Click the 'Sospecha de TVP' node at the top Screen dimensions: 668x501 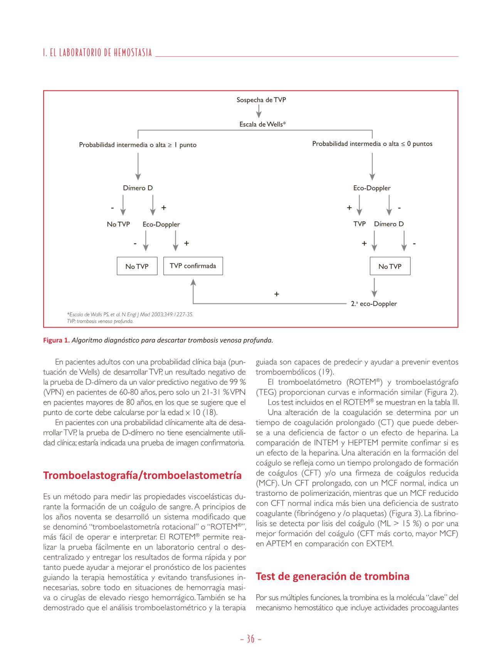[261, 100]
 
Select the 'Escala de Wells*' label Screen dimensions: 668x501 [262, 124]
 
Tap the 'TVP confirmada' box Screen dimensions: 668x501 [193, 266]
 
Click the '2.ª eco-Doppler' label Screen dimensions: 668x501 [374, 304]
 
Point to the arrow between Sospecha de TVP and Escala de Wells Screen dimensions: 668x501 [259, 112]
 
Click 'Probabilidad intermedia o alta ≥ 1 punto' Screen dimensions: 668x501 [138, 145]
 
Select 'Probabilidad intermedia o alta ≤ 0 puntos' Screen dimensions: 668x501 [372, 144]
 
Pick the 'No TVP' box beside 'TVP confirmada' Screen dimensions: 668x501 [137, 266]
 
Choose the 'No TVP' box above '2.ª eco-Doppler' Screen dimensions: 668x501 [390, 266]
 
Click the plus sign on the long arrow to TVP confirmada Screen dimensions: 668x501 [276, 294]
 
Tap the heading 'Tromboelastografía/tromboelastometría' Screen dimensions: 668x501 [142, 475]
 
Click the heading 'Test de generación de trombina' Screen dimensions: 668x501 [332, 576]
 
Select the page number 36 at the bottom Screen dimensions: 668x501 [250, 639]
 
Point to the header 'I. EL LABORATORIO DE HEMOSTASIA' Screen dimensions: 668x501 [98, 53]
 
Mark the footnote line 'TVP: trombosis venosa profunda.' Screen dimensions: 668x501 [100, 321]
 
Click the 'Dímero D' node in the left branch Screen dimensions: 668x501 [138, 188]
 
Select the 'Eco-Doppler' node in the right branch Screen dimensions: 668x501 [372, 188]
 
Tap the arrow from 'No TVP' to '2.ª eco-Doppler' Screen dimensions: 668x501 [374, 287]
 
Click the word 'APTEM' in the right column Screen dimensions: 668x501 [277, 544]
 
